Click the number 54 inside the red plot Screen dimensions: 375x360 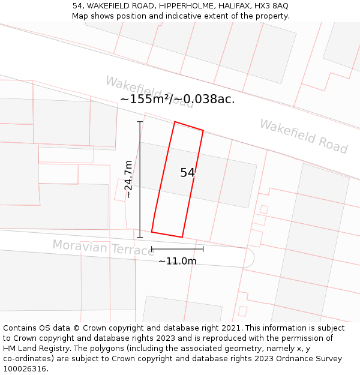pyautogui.click(x=187, y=173)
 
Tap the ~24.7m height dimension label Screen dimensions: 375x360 pyautogui.click(x=128, y=179)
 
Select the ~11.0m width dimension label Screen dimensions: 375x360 pyautogui.click(x=177, y=261)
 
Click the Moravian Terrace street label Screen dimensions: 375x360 pyautogui.click(x=103, y=247)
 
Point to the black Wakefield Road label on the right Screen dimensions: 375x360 pyautogui.click(x=303, y=136)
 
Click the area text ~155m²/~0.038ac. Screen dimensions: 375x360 pyautogui.click(x=177, y=100)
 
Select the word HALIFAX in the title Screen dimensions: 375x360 pyautogui.click(x=235, y=6)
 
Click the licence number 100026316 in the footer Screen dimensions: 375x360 pyautogui.click(x=24, y=368)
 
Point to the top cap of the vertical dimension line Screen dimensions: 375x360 pyautogui.click(x=140, y=122)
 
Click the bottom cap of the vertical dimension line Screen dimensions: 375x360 pyautogui.click(x=140, y=236)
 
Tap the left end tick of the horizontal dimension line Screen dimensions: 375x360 pyautogui.click(x=152, y=248)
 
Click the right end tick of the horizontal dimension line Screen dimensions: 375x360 pyautogui.click(x=203, y=248)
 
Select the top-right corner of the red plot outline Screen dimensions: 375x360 pyautogui.click(x=203, y=130)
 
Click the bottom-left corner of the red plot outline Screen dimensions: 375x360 pyautogui.click(x=152, y=232)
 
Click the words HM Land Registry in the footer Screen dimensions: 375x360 pyautogui.click(x=31, y=348)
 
